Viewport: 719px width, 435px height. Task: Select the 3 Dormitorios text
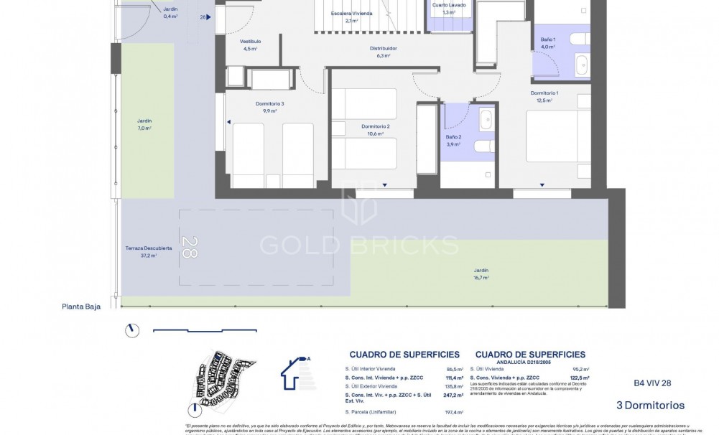coord(650,406)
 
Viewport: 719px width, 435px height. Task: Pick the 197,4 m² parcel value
coord(453,413)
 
